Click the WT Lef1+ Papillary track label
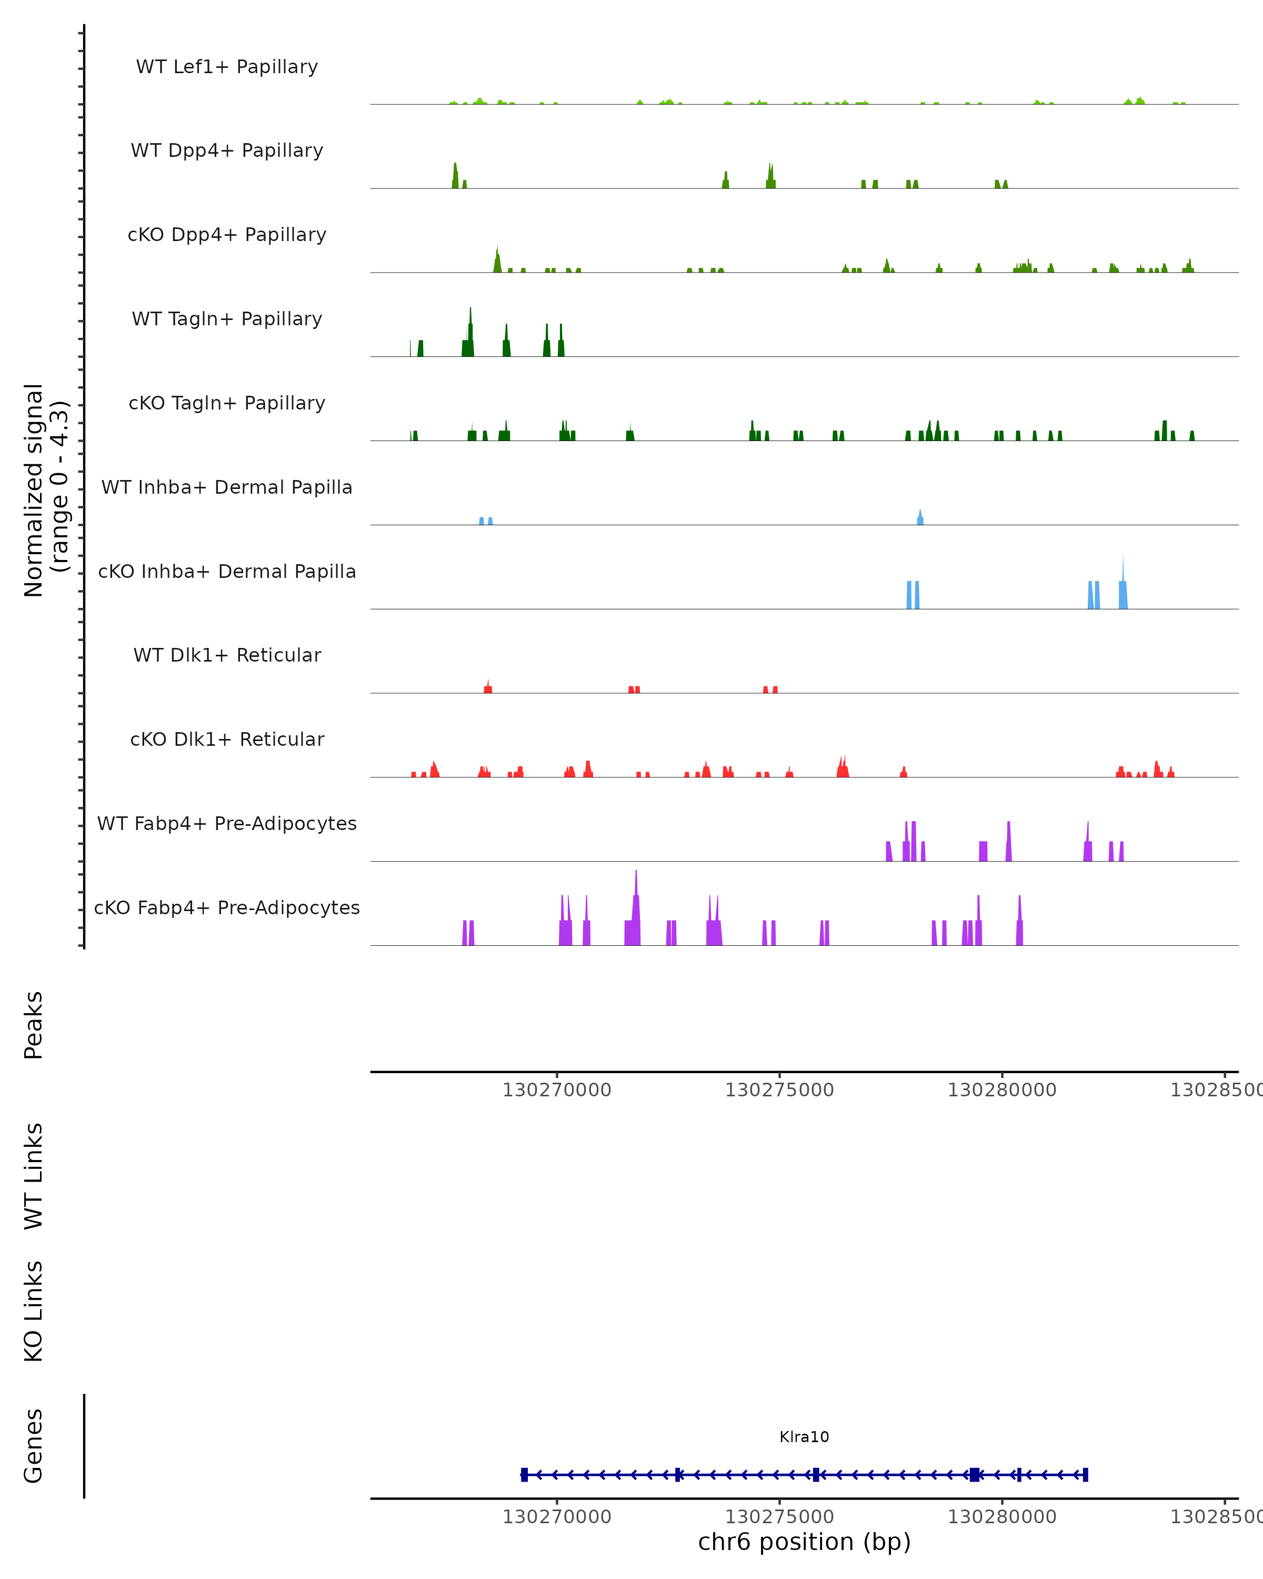[227, 67]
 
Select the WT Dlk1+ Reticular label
[227, 655]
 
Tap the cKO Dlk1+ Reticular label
[227, 739]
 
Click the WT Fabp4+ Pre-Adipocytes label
[227, 823]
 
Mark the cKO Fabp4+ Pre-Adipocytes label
[227, 907]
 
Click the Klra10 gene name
[804, 1437]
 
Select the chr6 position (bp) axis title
[804, 1542]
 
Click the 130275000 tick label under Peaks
[779, 1090]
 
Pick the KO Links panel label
[34, 1311]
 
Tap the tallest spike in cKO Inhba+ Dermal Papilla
[1123, 571]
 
